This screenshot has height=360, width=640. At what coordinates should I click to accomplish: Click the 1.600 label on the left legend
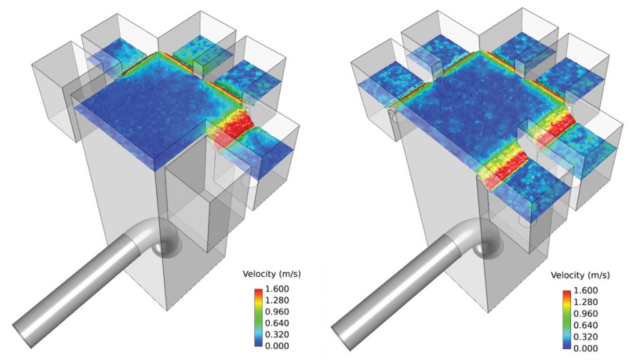pyautogui.click(x=277, y=289)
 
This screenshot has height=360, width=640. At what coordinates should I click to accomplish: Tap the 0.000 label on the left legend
pyautogui.click(x=277, y=346)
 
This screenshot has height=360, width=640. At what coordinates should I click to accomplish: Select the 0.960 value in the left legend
pyautogui.click(x=277, y=312)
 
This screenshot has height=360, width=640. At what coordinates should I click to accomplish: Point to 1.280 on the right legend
pyautogui.click(x=585, y=302)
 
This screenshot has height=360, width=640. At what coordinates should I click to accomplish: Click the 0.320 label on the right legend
pyautogui.click(x=585, y=337)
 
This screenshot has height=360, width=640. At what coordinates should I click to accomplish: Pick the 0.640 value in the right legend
pyautogui.click(x=585, y=325)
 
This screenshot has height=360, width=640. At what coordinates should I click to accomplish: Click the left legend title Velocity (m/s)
pyautogui.click(x=271, y=274)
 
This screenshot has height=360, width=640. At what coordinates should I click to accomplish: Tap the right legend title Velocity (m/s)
pyautogui.click(x=580, y=275)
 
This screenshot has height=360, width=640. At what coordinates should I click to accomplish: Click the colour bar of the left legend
pyautogui.click(x=258, y=317)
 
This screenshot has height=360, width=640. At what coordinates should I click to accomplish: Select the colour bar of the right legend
pyautogui.click(x=566, y=319)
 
